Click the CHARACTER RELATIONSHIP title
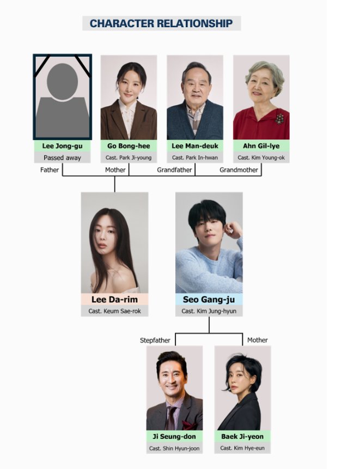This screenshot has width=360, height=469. pyautogui.click(x=161, y=23)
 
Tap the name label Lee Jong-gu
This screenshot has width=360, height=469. pyautogui.click(x=62, y=146)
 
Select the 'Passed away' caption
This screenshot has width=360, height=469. pyautogui.click(x=62, y=157)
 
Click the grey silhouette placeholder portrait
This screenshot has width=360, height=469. pyautogui.click(x=63, y=97)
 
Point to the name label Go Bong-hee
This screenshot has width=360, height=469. pyautogui.click(x=129, y=146)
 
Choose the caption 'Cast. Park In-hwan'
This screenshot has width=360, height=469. pyautogui.click(x=195, y=157)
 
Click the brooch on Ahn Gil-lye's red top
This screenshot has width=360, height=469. pyautogui.click(x=279, y=118)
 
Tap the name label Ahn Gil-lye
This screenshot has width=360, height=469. pyautogui.click(x=261, y=146)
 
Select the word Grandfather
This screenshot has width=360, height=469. pyautogui.click(x=174, y=170)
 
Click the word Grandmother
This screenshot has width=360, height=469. pyautogui.click(x=239, y=170)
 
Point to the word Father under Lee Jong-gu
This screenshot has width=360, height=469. pyautogui.click(x=50, y=170)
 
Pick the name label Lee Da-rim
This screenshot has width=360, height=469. pyautogui.click(x=114, y=300)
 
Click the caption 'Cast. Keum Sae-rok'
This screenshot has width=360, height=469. pyautogui.click(x=114, y=311)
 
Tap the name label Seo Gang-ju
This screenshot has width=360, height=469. pyautogui.click(x=209, y=300)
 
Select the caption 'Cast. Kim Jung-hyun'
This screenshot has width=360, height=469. pyautogui.click(x=209, y=311)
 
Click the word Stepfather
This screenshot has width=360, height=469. pyautogui.click(x=155, y=340)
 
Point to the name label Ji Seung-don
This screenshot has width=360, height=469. pyautogui.click(x=174, y=437)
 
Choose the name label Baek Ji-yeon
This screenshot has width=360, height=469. pyautogui.click(x=242, y=437)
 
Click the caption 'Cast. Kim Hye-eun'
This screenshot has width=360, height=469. pyautogui.click(x=242, y=448)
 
